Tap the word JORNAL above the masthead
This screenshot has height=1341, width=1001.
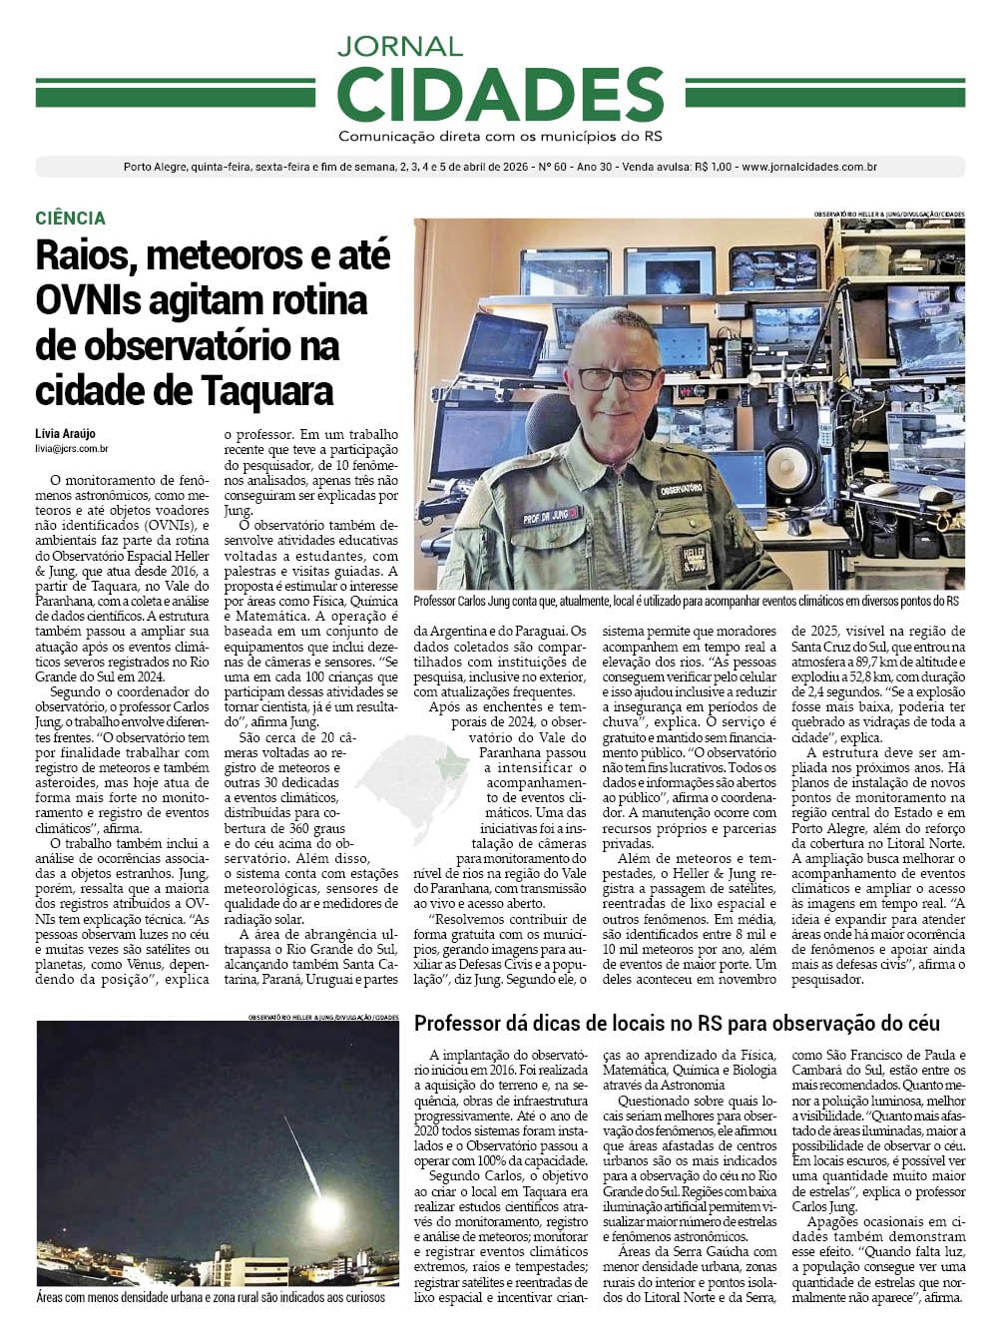pos(399,46)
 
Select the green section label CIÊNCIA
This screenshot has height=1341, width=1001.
pos(70,218)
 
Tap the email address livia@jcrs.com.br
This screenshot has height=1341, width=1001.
pos(72,449)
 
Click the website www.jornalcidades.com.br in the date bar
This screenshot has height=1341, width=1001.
pos(809,167)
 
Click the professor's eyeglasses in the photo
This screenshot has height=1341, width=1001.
pos(619,378)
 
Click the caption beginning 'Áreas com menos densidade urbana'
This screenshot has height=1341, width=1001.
pos(210,1297)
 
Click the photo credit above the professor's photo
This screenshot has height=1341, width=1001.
pos(889,214)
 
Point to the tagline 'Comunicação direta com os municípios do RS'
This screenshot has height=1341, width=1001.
pos(500,136)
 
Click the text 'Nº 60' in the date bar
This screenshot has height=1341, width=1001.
pos(552,167)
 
